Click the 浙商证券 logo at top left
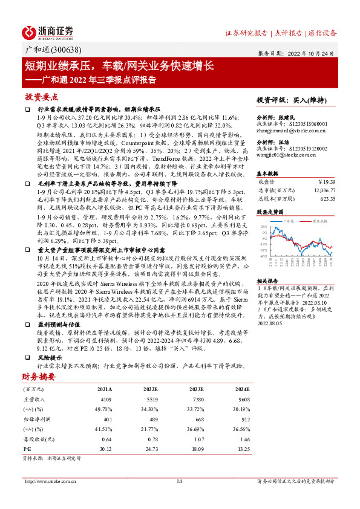[x=48, y=31]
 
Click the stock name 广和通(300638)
[x=48, y=50]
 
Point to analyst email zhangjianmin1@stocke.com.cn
[x=290, y=129]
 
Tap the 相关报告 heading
[x=267, y=282]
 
